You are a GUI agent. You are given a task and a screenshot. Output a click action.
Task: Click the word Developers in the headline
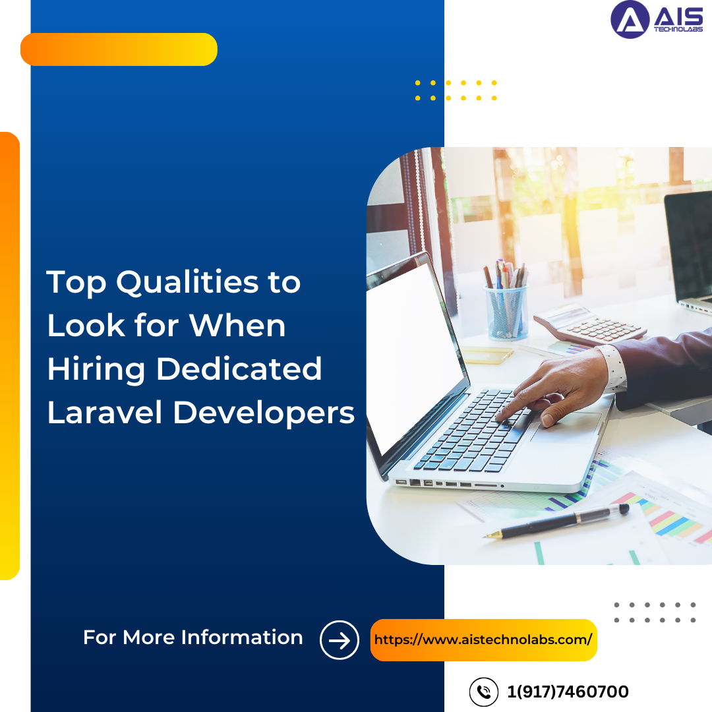tap(264, 413)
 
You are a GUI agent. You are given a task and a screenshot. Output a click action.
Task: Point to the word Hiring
tap(96, 369)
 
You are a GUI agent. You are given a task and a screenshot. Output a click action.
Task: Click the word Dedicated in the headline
tap(239, 369)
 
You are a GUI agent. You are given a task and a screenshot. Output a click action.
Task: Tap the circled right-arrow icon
tap(340, 640)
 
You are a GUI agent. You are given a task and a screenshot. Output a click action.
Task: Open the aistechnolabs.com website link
tap(483, 639)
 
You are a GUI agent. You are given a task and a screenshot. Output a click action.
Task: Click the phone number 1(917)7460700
tap(568, 692)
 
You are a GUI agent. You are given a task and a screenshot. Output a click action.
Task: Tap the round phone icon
tap(484, 692)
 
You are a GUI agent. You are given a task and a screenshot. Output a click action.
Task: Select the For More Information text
tap(193, 638)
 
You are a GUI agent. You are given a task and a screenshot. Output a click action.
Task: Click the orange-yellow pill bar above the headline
tap(119, 49)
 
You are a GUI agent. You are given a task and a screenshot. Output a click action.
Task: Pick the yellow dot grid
tap(456, 90)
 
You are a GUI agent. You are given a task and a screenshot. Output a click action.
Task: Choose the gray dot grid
tap(655, 612)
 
